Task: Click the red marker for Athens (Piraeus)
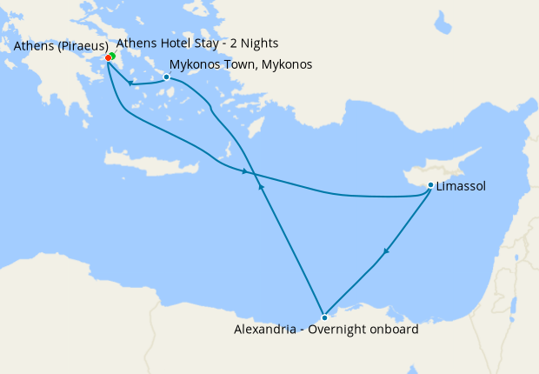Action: (x=108, y=58)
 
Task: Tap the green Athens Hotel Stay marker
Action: (x=112, y=57)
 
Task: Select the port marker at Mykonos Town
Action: (x=166, y=77)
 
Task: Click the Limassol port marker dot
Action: (x=431, y=184)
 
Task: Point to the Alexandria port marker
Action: (x=324, y=317)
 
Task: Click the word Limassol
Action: (x=462, y=186)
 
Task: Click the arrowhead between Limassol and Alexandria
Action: (x=384, y=252)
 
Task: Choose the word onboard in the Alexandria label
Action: (x=394, y=331)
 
